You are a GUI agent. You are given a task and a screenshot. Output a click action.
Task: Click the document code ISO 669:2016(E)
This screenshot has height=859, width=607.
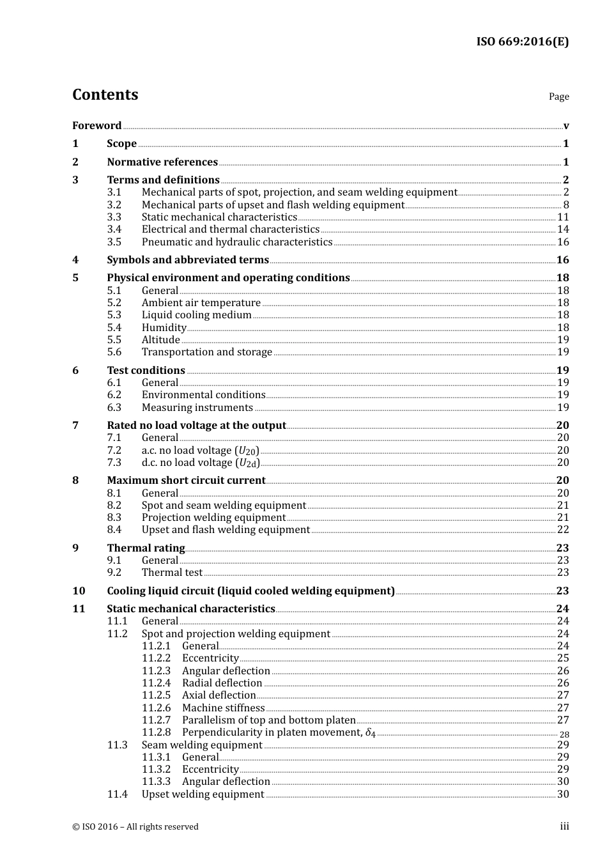[x=522, y=42]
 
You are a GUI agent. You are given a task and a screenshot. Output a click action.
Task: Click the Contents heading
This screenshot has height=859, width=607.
[x=105, y=95]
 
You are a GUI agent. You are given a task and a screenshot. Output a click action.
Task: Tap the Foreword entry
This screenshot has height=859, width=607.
[x=96, y=126]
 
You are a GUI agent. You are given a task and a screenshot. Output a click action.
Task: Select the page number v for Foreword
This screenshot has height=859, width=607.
[x=566, y=126]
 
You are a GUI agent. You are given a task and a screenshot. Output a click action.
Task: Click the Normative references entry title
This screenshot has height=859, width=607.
[x=162, y=162]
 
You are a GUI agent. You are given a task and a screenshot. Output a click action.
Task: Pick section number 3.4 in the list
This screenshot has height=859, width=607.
[x=114, y=229]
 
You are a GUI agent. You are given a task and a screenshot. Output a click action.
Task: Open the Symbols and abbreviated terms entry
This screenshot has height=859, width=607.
[x=188, y=260]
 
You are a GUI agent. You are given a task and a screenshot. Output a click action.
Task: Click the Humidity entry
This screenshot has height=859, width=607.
[x=164, y=328]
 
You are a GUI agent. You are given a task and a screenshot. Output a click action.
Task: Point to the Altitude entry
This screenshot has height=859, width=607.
[x=160, y=340]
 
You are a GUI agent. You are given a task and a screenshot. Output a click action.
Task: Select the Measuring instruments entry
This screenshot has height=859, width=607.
[x=197, y=408]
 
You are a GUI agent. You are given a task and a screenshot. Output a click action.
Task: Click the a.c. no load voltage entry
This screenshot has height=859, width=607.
[x=200, y=451]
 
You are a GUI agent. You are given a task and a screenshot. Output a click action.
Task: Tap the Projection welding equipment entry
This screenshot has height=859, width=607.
[x=213, y=518]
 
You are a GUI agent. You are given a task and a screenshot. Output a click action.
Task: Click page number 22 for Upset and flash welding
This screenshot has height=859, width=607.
[x=563, y=530]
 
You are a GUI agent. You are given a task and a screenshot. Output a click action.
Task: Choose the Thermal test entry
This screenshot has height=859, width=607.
[x=172, y=573]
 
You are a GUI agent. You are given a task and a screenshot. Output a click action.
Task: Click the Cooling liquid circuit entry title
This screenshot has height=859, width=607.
[x=250, y=591]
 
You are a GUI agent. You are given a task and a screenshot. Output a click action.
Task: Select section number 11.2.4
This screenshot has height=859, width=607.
[x=156, y=683]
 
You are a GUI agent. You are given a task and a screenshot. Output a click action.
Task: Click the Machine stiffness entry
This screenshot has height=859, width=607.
[x=223, y=708]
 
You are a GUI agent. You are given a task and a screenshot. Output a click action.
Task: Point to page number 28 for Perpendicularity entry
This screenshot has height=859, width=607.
[x=564, y=735]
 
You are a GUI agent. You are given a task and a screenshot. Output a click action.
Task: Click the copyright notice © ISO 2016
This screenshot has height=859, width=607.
[x=135, y=827]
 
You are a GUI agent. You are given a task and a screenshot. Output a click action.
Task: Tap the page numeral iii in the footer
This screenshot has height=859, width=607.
[x=564, y=826]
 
